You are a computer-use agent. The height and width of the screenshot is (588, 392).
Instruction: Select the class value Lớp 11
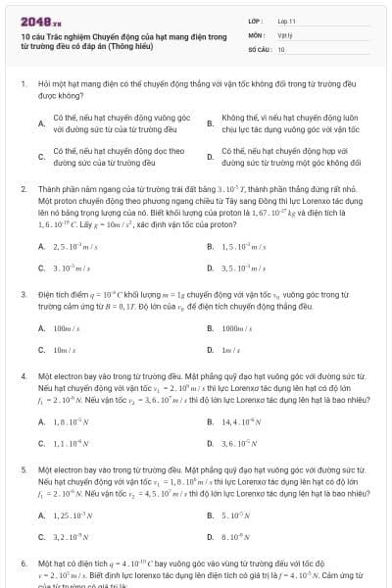pos(286,20)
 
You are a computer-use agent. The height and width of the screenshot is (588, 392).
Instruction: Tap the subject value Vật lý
pos(284,33)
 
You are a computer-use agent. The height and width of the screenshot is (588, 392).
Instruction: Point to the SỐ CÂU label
pos(259,48)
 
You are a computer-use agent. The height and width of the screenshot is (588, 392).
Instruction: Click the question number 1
pos(23,86)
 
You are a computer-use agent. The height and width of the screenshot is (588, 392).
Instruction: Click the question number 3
pos(23,294)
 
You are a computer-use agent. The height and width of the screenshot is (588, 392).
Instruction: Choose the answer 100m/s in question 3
pos(67,328)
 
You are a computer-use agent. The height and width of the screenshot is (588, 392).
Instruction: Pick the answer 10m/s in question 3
pos(65,350)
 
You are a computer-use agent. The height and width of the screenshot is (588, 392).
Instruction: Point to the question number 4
pos(23,375)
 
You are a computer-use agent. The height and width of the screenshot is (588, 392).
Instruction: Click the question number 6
pos(23,563)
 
